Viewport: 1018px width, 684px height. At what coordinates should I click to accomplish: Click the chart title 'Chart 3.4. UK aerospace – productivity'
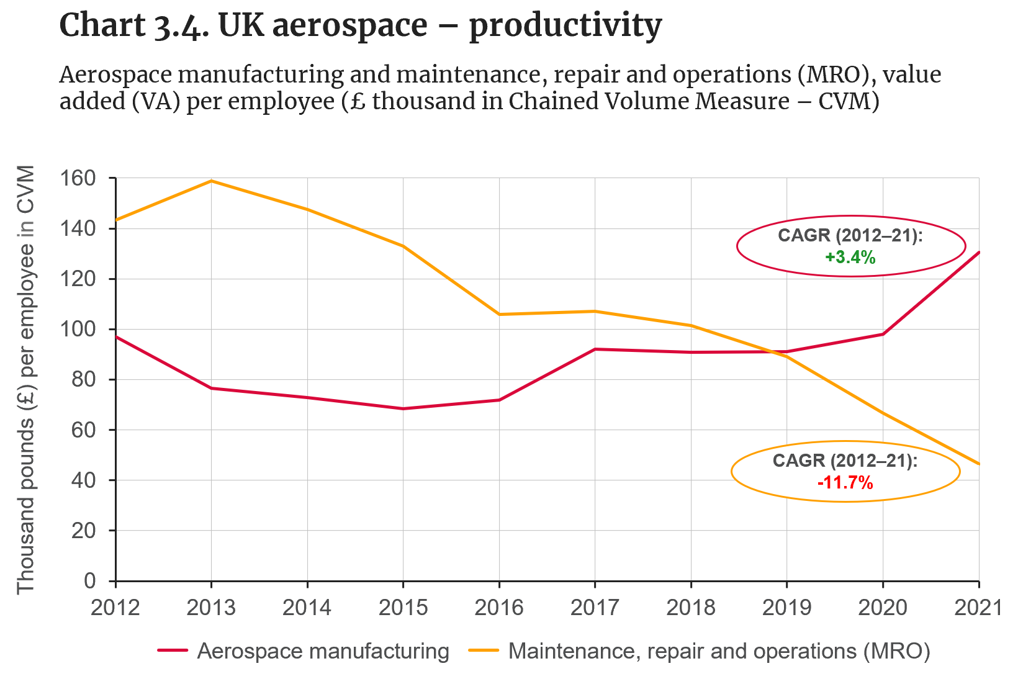(360, 26)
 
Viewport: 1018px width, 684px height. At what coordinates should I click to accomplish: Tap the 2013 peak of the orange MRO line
(212, 181)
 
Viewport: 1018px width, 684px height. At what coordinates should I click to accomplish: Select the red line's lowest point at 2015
(403, 408)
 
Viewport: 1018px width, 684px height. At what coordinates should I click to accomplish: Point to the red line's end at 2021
(978, 252)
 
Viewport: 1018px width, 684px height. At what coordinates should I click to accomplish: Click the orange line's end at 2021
(978, 464)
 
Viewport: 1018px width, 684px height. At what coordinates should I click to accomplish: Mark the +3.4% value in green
(850, 257)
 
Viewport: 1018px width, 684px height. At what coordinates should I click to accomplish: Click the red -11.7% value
(845, 482)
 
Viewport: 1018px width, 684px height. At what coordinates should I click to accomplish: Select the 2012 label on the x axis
(115, 608)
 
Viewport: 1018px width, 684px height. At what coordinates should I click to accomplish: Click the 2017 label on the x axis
(595, 608)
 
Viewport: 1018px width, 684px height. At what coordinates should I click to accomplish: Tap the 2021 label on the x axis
(978, 608)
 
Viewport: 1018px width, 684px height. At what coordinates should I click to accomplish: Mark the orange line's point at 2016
(499, 314)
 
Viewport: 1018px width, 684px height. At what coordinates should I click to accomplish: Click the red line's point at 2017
(595, 349)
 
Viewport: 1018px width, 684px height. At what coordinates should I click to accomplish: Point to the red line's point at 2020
(883, 334)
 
